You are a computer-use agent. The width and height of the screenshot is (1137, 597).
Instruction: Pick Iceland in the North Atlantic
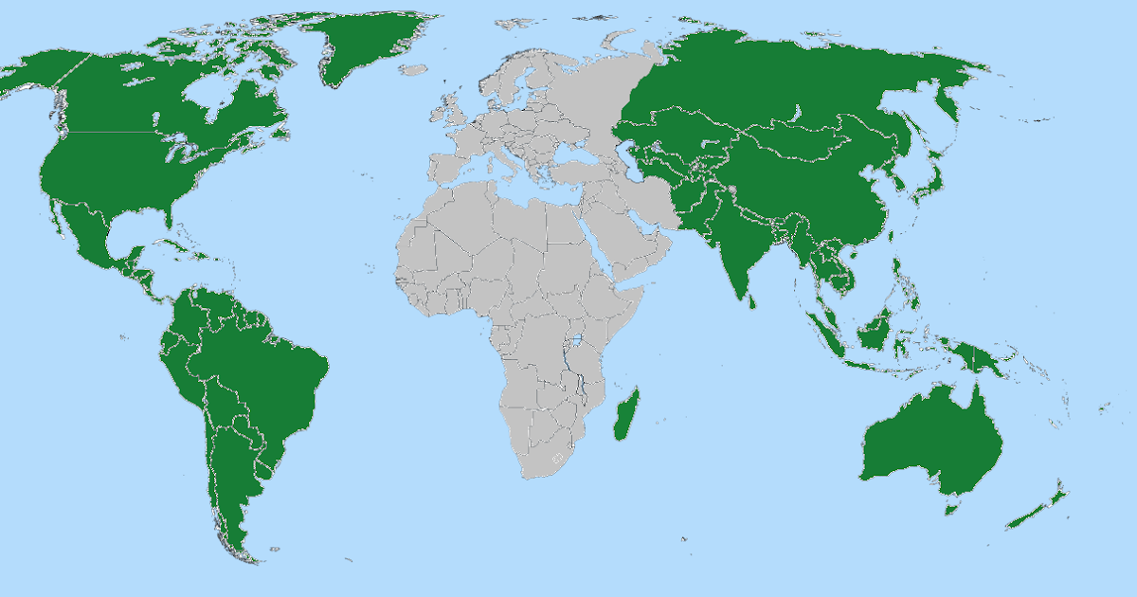click(413, 69)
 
